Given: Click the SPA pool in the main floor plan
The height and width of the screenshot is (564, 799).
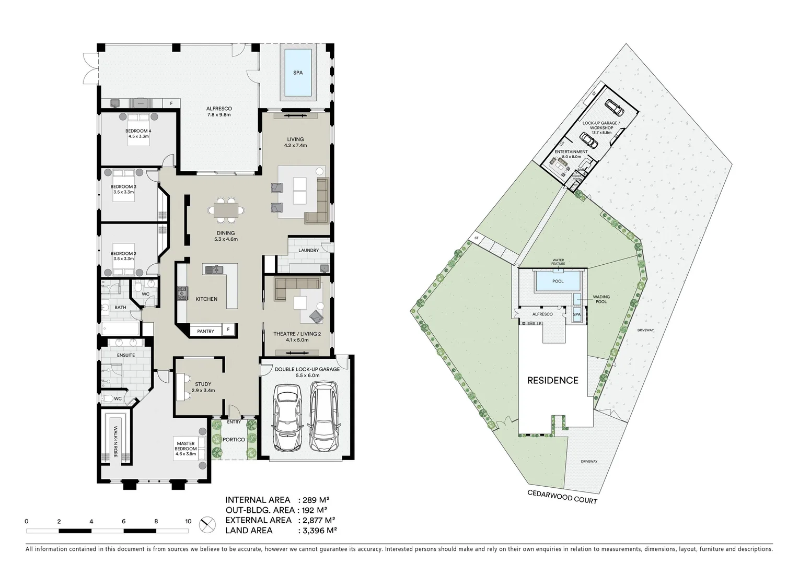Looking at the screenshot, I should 297,73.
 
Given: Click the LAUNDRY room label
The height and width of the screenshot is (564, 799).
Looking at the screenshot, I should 308,250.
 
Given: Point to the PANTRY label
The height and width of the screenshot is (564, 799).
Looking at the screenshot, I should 205,331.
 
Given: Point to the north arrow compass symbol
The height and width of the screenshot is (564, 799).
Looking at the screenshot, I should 207,524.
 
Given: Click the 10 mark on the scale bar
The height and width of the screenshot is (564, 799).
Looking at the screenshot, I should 188,521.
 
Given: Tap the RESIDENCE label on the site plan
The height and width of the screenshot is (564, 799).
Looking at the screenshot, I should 552,380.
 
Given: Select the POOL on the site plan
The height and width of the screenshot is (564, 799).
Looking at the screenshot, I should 558,281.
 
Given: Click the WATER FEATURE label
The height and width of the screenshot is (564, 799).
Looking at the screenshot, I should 558,261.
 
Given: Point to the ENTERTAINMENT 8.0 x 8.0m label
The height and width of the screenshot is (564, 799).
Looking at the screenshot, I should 571,154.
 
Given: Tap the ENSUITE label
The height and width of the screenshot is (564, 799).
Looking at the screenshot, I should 125,355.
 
